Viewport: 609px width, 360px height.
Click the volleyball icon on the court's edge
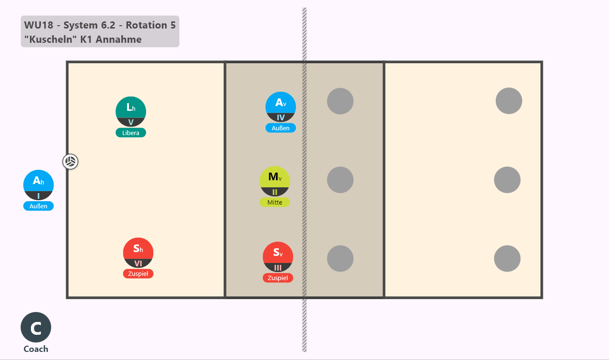(x=70, y=162)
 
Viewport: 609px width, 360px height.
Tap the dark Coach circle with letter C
(x=36, y=327)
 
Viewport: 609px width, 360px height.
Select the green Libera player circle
(x=131, y=112)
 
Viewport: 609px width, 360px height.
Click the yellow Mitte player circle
(x=275, y=181)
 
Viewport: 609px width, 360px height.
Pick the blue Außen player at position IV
(x=281, y=107)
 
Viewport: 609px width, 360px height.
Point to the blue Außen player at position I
(x=39, y=185)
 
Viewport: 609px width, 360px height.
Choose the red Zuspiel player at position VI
(x=138, y=253)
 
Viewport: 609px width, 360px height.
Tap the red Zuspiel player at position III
(x=278, y=257)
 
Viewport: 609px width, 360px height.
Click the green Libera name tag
(x=131, y=133)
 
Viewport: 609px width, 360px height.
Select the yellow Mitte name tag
(x=275, y=203)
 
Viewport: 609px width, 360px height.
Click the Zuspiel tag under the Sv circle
(x=278, y=278)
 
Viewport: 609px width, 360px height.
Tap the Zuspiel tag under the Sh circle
(x=138, y=273)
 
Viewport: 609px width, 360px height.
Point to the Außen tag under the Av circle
(x=281, y=128)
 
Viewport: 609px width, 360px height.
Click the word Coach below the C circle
(x=36, y=349)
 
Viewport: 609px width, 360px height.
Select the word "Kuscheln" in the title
(x=50, y=39)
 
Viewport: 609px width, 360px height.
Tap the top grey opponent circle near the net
(x=340, y=101)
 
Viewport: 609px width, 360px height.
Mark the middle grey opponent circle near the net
(x=340, y=180)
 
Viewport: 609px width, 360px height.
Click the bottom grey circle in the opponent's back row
(x=507, y=259)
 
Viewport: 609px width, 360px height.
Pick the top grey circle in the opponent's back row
(x=509, y=101)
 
